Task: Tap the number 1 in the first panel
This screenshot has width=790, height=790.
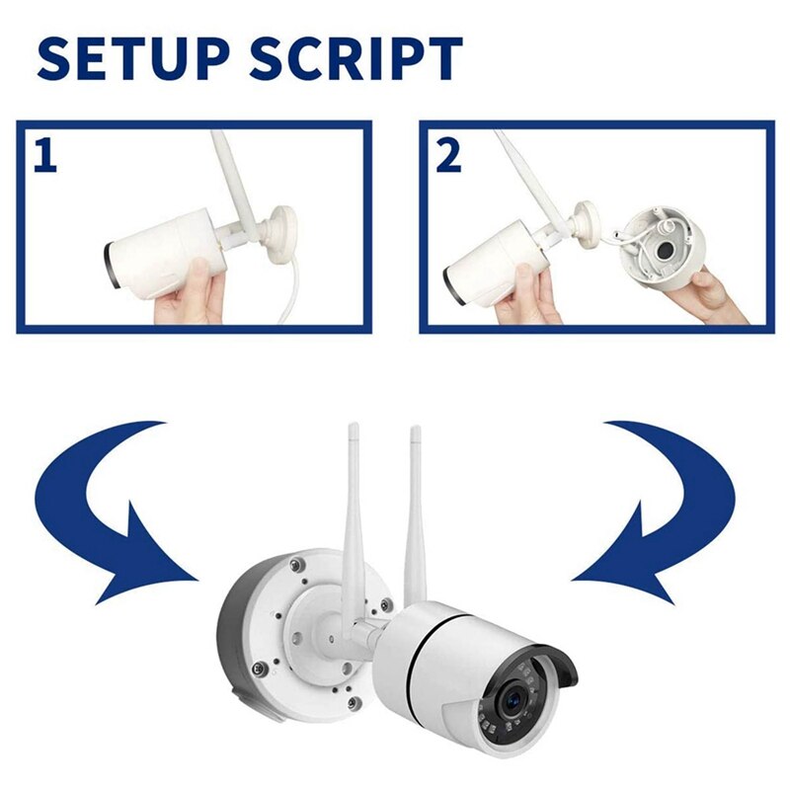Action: coord(44,156)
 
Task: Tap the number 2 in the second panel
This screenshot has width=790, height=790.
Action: coord(448,156)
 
